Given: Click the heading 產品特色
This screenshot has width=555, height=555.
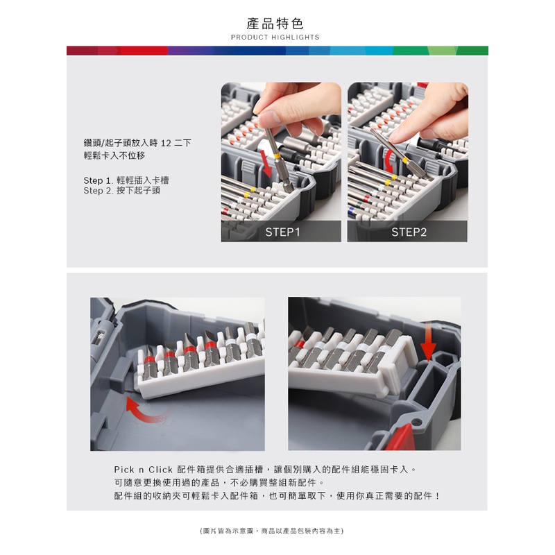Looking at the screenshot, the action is (x=275, y=24).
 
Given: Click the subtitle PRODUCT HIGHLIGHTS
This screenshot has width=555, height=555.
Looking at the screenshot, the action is (x=275, y=37).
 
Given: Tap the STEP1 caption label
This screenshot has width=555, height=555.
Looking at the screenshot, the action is (x=282, y=232).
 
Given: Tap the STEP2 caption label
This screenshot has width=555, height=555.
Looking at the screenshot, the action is (x=409, y=232).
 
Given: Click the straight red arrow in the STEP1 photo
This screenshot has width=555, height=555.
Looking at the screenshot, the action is (x=266, y=164).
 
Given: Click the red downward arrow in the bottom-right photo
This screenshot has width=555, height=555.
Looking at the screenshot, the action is (x=428, y=343).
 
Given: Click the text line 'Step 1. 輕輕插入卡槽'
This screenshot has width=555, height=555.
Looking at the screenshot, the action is (x=126, y=180).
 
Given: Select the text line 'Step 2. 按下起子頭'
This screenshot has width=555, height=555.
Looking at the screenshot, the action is (x=122, y=190).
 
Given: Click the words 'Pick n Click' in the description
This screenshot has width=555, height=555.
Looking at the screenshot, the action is (x=143, y=470).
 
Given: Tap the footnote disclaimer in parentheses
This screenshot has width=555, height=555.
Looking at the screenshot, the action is (x=271, y=531).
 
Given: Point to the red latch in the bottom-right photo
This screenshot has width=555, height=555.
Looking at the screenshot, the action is (x=400, y=437).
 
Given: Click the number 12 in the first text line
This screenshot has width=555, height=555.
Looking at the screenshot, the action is (x=166, y=143).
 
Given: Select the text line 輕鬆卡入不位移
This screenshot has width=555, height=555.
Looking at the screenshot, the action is (x=114, y=155).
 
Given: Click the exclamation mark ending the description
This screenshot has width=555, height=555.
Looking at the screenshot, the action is (x=438, y=495).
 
